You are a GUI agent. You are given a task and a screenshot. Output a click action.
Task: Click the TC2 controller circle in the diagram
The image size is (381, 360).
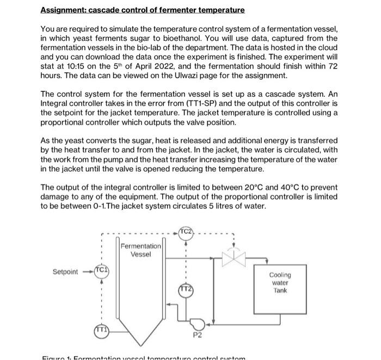click(x=186, y=232)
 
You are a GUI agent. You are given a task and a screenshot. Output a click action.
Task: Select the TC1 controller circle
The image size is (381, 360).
click(x=102, y=271)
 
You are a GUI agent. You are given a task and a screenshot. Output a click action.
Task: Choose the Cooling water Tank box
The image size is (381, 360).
click(x=280, y=282)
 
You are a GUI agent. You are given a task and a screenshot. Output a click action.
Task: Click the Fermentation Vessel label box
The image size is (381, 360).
click(x=140, y=250)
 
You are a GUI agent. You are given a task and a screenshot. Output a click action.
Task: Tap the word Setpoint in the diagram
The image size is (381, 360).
click(x=65, y=271)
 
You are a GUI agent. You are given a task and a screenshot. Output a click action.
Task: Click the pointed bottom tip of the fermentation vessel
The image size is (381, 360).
click(x=140, y=345)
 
